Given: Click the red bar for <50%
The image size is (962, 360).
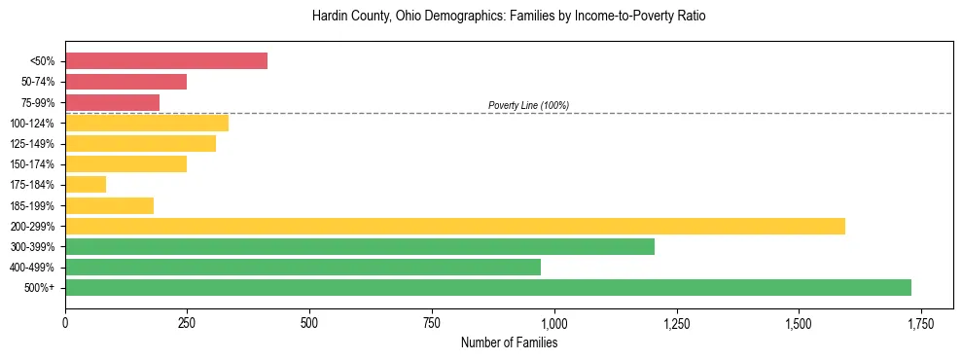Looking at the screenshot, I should pos(166,61).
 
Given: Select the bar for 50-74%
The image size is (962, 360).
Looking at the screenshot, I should pos(125,82).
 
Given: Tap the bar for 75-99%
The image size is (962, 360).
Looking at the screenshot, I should pos(112,102).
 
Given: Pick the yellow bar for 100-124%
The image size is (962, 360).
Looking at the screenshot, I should pos(147,123).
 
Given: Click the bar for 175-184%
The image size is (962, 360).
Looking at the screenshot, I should pos(86,185).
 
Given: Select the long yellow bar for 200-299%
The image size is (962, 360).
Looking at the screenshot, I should pos(455,226).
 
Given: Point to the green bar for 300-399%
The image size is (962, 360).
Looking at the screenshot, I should pos(360,246).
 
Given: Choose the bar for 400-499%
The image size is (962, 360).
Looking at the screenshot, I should pos(303,267).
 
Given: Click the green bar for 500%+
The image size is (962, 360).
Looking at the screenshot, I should pos(488,287).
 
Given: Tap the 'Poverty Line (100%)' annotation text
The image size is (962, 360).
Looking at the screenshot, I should pos(528,105).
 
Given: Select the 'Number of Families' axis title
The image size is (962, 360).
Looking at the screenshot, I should pos(509,342).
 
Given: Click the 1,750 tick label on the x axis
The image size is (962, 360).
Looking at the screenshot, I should pos(920,323).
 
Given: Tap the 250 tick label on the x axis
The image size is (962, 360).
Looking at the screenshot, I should pos(188,323).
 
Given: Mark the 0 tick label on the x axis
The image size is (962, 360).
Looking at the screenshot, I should pos(65,323).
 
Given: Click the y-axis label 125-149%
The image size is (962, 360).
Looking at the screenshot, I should pos(32,144).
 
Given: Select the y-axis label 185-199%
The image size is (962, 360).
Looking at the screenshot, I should pos(32,205).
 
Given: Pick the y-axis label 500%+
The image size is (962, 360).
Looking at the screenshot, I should pos(39,288).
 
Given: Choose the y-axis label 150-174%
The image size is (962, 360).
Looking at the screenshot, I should pos(32,164).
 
